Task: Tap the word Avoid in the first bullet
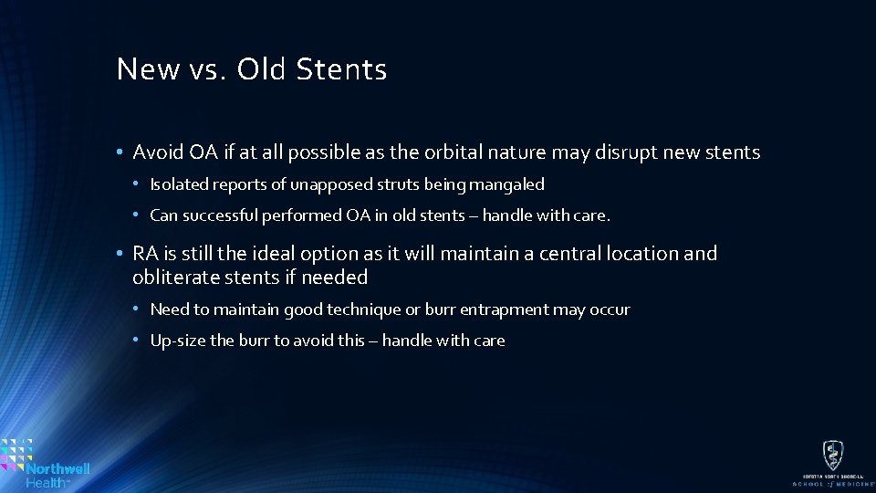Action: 156,152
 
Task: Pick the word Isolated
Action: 179,184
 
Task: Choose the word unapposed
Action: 327,184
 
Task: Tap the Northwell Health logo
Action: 46,463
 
